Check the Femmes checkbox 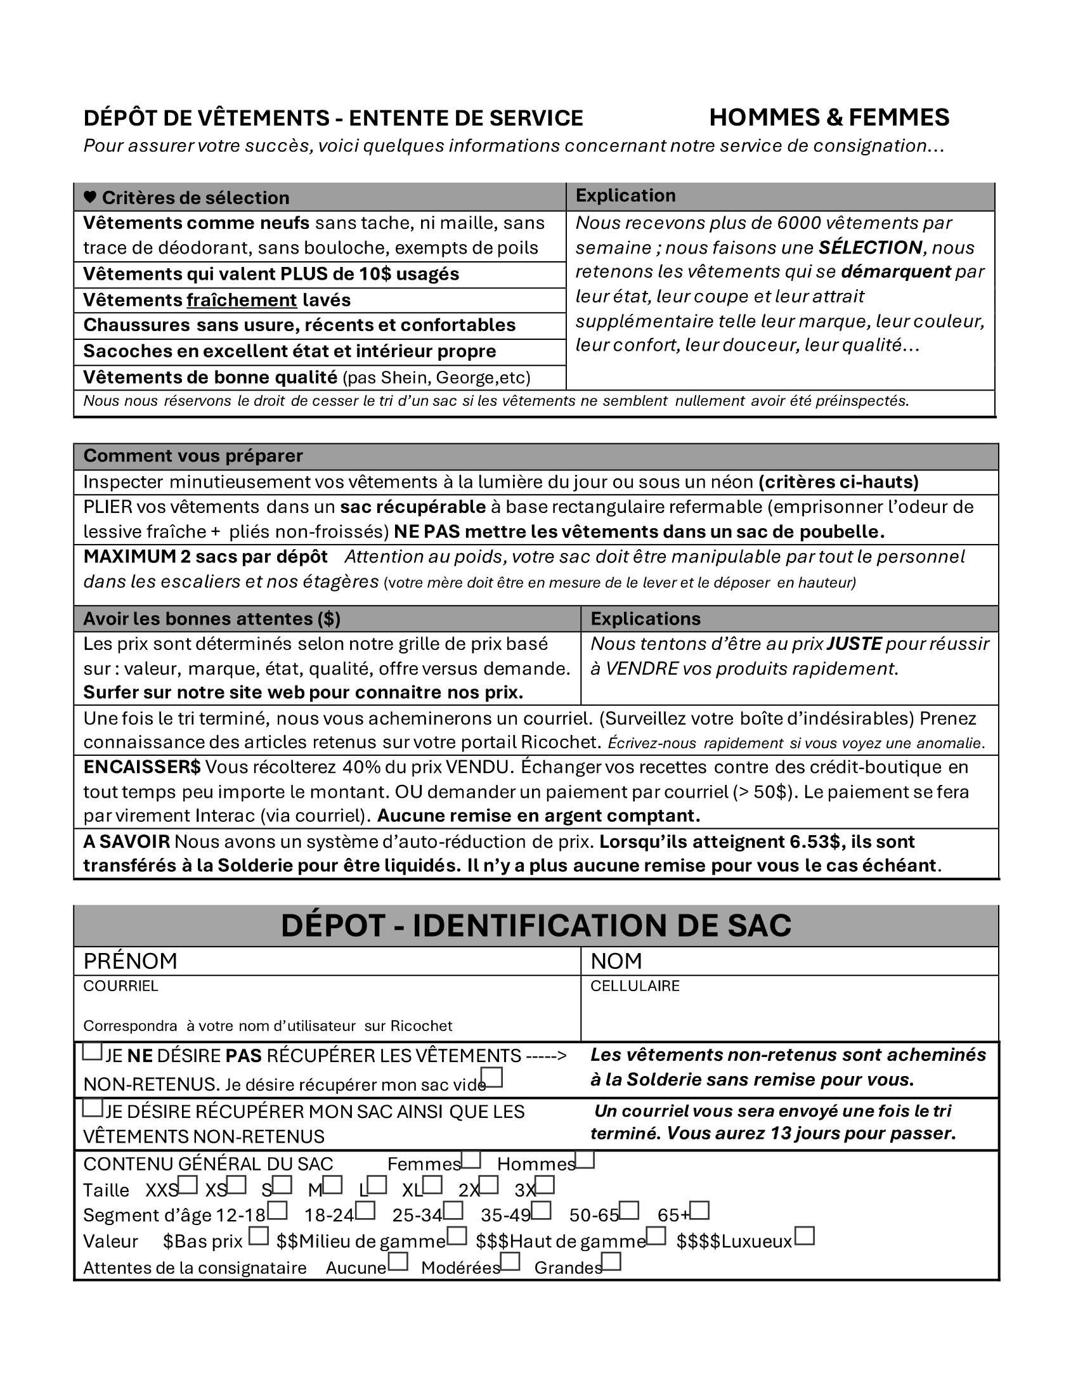(471, 1159)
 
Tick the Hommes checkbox (585, 1159)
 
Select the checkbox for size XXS (188, 1186)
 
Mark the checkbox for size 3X (545, 1186)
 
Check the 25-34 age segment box (453, 1210)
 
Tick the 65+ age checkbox (700, 1210)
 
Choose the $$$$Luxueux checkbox (805, 1236)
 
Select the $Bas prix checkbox (259, 1236)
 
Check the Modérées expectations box (510, 1262)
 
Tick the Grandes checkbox (611, 1262)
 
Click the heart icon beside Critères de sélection (90, 197)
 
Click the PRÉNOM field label (130, 961)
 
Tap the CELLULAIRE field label (635, 986)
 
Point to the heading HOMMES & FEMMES (829, 117)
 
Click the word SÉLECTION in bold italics (870, 247)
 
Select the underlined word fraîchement (242, 300)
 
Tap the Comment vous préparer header (193, 456)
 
